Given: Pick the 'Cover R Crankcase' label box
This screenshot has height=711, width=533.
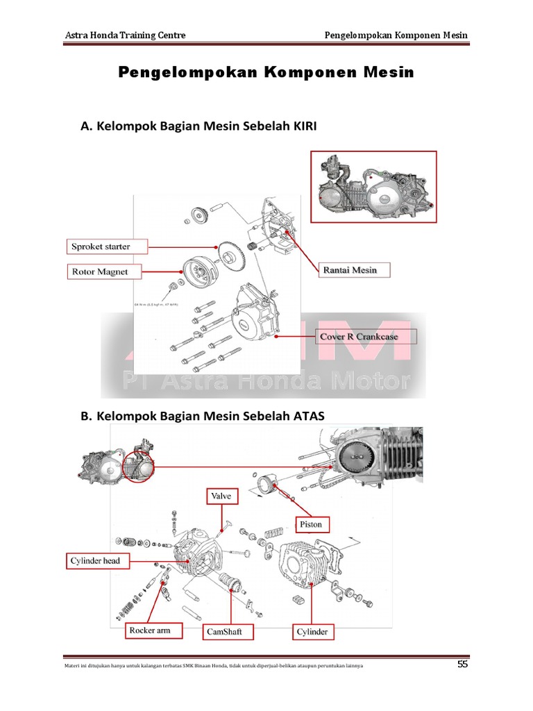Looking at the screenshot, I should point(366,337).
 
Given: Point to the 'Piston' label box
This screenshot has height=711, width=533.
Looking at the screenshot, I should point(311,524).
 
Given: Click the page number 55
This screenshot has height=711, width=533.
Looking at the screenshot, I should point(462,665).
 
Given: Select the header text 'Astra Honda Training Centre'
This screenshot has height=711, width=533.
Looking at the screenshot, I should point(125,35).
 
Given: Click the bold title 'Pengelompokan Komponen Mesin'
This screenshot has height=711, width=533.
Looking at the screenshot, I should point(266,72).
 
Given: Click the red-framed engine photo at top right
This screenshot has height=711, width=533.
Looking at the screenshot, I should point(373,187).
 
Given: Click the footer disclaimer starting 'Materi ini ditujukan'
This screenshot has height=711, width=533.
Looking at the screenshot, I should point(212,667).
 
